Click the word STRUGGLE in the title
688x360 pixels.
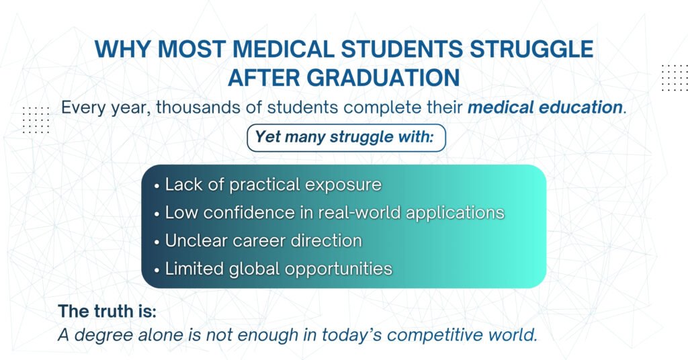tap(532, 48)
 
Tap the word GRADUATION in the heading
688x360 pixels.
tap(382, 78)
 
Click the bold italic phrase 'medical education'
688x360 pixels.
tap(545, 107)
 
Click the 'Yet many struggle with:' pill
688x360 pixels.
tap(346, 138)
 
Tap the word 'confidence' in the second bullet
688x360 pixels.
tap(249, 213)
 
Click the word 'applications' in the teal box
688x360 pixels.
tap(455, 213)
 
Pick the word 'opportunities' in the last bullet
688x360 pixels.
tap(339, 269)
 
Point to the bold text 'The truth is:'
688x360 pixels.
tap(107, 311)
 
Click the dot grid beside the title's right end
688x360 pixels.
tap(675, 78)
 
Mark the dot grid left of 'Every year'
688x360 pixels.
tap(36, 120)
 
